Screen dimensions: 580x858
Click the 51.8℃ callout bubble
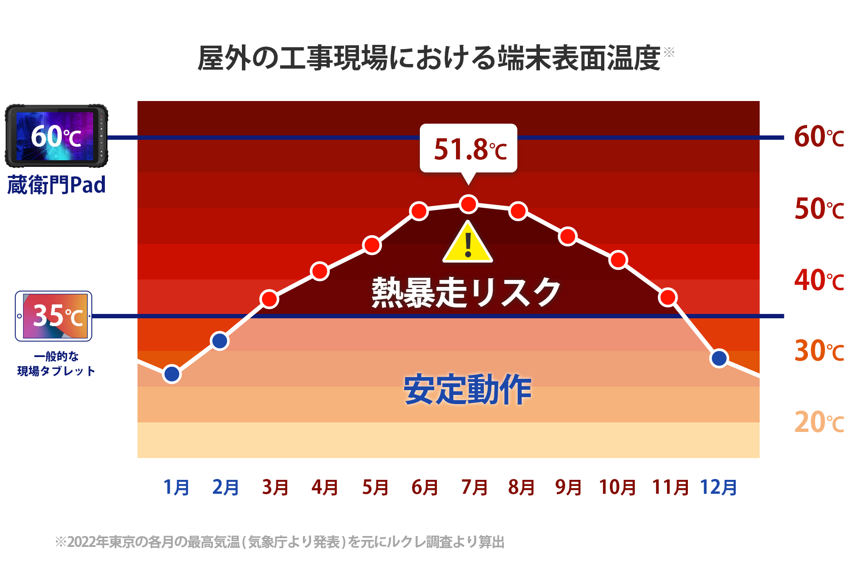tap(469, 148)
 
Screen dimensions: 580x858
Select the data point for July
tap(469, 204)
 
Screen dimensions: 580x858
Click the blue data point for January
tap(172, 374)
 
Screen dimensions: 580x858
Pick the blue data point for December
tap(719, 358)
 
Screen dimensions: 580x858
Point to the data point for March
tap(269, 299)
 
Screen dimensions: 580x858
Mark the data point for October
tap(618, 260)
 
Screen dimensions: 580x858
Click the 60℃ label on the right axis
tap(819, 137)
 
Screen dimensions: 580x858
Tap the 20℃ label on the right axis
tap(819, 422)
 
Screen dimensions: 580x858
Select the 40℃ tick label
tap(819, 280)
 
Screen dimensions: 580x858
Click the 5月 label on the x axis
tap(375, 487)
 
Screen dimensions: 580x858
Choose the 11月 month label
tap(670, 487)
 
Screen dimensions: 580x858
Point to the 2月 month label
tap(225, 487)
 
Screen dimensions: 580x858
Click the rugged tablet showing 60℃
tap(56, 136)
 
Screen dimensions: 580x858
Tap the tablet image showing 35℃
tap(54, 316)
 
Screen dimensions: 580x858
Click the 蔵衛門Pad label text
tap(57, 185)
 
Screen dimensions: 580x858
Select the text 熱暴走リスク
tap(466, 293)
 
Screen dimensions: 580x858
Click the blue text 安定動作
tap(468, 390)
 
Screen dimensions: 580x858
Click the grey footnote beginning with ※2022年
tap(280, 542)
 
